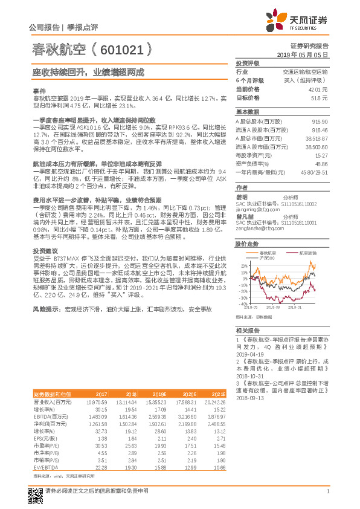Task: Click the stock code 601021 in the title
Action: click(129, 48)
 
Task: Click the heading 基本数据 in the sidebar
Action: click(247, 112)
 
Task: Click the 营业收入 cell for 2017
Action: click(97, 401)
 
